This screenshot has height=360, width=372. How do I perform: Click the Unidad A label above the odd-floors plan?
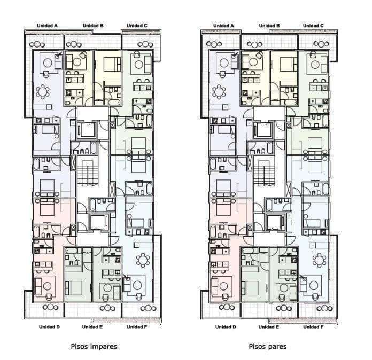[x=47, y=26]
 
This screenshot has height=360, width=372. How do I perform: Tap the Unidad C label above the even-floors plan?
[x=313, y=26]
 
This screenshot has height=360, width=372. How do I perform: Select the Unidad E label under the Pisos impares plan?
[x=92, y=327]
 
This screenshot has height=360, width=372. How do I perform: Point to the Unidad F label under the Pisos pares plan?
[x=313, y=327]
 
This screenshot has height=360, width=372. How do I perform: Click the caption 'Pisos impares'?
[x=94, y=347]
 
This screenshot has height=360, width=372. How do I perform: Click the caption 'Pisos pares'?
[x=268, y=347]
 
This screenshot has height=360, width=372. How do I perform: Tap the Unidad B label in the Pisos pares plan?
[x=269, y=26]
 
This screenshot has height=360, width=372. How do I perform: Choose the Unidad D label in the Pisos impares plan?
[x=49, y=327]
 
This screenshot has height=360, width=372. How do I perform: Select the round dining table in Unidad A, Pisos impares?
[x=43, y=91]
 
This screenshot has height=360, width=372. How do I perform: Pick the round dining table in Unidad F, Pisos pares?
[x=319, y=260]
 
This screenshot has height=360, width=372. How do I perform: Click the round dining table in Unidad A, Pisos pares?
[x=219, y=91]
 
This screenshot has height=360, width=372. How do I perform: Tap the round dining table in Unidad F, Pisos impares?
[x=143, y=260]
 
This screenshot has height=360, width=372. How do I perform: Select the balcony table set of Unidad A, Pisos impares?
[x=37, y=44]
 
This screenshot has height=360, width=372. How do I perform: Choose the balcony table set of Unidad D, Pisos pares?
[x=227, y=308]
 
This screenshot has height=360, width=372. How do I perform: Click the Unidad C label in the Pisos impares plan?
[x=137, y=26]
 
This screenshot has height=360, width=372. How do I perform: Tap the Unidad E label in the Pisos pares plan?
[x=268, y=327]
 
